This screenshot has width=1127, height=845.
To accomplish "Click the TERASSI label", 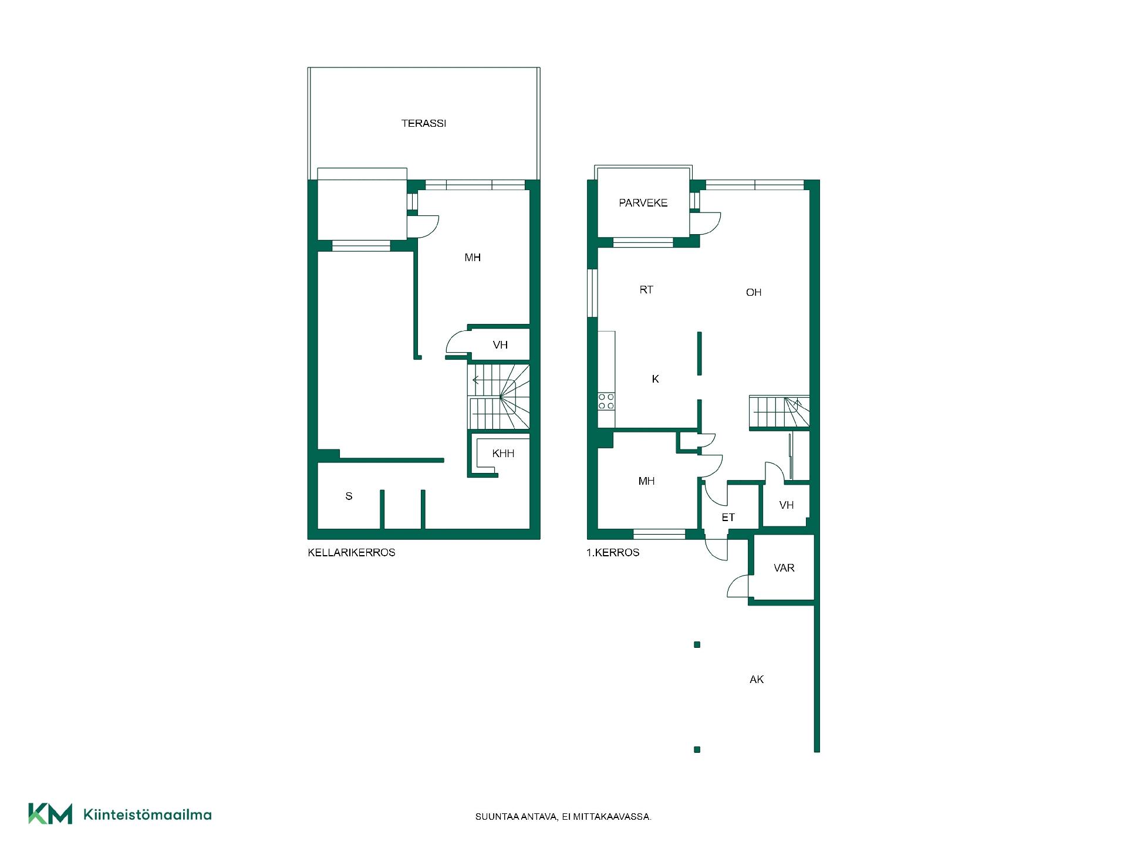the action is (423, 123).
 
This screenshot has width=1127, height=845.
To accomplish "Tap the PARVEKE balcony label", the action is (643, 203).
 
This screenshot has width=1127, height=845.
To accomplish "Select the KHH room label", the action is (503, 454).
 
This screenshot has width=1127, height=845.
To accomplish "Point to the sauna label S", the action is (349, 496).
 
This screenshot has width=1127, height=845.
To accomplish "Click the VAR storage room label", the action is (784, 568).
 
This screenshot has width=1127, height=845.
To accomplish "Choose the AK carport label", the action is (757, 680).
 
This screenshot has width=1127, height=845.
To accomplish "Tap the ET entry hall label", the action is (728, 518).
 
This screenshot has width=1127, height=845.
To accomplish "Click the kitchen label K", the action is (655, 379).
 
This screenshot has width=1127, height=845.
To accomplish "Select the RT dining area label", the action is (646, 290).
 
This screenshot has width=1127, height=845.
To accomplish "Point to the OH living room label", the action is (754, 292).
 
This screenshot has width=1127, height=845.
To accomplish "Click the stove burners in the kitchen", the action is (606, 401).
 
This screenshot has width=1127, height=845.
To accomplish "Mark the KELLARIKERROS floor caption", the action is (352, 553).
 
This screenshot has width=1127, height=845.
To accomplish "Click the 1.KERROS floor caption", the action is (613, 553).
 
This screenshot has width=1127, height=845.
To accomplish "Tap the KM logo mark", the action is (50, 814).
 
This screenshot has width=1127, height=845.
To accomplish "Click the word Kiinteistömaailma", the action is (147, 814).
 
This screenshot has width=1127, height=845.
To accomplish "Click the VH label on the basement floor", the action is (500, 345).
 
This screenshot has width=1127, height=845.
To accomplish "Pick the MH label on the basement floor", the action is (473, 258).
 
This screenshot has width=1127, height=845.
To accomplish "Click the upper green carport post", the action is (697, 645).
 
